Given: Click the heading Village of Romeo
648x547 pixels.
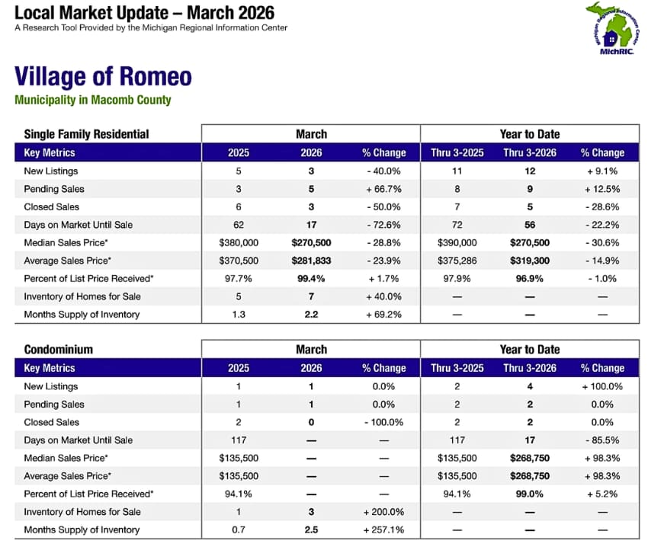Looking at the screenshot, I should point(103,77).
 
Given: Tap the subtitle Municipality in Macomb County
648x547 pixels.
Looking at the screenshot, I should point(92,100).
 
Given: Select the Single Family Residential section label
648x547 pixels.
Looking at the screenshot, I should point(86,134).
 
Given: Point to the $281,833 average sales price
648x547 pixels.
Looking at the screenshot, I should point(311,261).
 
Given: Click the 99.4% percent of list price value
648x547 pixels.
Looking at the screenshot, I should point(311,278).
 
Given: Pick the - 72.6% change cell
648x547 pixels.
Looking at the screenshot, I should point(383,225).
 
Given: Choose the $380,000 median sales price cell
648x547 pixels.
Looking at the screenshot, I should point(238,242).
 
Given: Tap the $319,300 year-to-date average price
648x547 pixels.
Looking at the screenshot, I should point(529,261).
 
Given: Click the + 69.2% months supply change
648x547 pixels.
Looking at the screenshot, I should point(383,314).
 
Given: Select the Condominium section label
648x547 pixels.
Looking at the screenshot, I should point(59,350).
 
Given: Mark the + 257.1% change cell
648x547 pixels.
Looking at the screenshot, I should point(383,529).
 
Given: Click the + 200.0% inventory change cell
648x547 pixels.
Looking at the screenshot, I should point(383,512).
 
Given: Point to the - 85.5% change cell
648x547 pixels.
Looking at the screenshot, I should point(602,440).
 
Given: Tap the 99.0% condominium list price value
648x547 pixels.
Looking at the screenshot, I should point(529,494).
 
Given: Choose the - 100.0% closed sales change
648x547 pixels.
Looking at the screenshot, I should point(383,422).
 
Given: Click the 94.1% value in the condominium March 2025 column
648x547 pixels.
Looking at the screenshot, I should point(238,494).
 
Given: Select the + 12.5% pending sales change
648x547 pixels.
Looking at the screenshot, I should point(602,189).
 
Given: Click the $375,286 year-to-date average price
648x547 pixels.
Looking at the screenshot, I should point(457,261).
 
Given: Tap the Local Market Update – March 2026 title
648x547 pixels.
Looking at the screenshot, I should point(144,13).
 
